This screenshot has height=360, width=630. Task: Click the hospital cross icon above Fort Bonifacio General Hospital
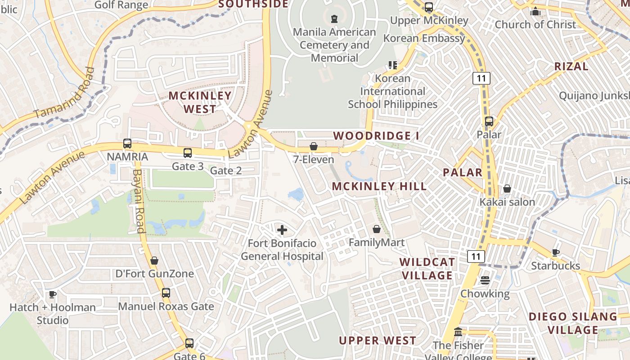tap(282, 230)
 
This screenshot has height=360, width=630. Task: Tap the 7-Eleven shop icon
tap(314, 146)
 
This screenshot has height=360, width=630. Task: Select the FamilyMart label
tap(377, 243)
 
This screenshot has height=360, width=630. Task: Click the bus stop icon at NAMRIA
tap(127, 144)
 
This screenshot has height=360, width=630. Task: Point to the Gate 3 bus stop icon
tap(188, 153)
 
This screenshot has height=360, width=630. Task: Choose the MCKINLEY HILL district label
tap(379, 186)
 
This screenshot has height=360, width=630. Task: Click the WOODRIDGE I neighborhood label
tap(372, 135)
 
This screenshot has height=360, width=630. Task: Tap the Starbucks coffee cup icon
tap(556, 252)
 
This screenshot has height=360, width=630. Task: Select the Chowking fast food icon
tap(485, 280)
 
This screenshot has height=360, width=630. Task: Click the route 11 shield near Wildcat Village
tap(476, 257)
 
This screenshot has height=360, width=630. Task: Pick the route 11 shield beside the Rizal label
tap(481, 78)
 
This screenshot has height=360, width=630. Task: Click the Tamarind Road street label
tap(65, 94)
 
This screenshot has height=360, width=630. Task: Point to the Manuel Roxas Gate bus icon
tap(166, 293)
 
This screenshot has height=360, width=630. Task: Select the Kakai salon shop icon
tap(507, 189)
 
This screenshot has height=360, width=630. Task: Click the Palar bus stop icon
tap(489, 121)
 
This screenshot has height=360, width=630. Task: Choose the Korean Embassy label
tap(424, 38)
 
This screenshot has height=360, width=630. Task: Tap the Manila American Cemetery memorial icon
tap(334, 19)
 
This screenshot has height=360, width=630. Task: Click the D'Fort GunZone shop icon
tap(154, 261)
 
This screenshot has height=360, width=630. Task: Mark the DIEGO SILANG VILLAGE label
tap(573, 323)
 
